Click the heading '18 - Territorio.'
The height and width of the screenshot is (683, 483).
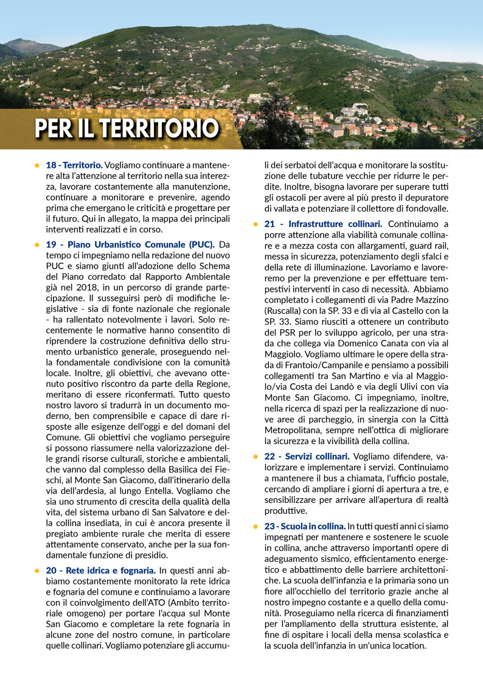pyautogui.click(x=74, y=165)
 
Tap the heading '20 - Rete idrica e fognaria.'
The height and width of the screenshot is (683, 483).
pyautogui.click(x=101, y=570)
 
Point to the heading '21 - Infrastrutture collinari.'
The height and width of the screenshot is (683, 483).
pyautogui.click(x=323, y=224)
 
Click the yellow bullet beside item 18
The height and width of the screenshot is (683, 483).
pyautogui.click(x=38, y=165)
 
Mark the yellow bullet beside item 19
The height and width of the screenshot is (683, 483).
pyautogui.click(x=38, y=244)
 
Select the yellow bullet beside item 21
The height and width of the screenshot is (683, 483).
pyautogui.click(x=256, y=224)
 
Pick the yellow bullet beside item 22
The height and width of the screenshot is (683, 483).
pyautogui.click(x=256, y=456)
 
